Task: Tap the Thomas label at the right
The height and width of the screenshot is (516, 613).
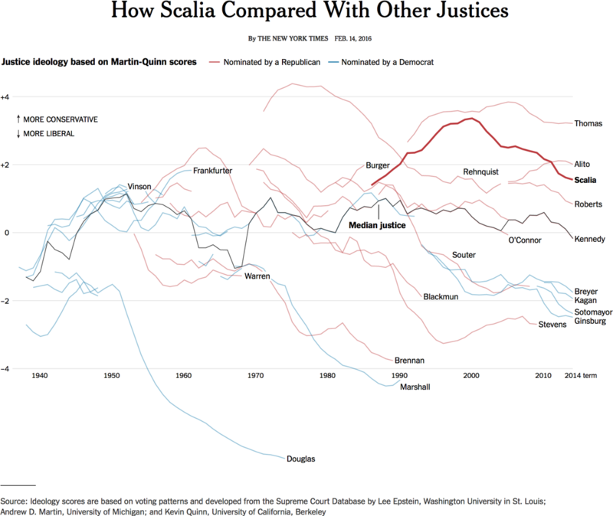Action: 588,123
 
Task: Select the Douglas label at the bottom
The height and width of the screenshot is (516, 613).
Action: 300,459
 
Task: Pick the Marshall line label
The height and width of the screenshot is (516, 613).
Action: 416,387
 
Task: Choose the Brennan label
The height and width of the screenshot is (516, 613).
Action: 409,360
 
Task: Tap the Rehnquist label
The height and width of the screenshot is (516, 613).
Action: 481,171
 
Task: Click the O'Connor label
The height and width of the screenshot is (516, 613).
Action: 525,240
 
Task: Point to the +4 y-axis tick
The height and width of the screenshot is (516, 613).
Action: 5,96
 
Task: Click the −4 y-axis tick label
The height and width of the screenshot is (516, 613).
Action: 5,369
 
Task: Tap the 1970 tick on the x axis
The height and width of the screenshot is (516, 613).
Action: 256,376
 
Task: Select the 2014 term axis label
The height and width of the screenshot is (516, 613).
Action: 584,376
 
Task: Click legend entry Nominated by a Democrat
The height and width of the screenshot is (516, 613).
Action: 387,62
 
